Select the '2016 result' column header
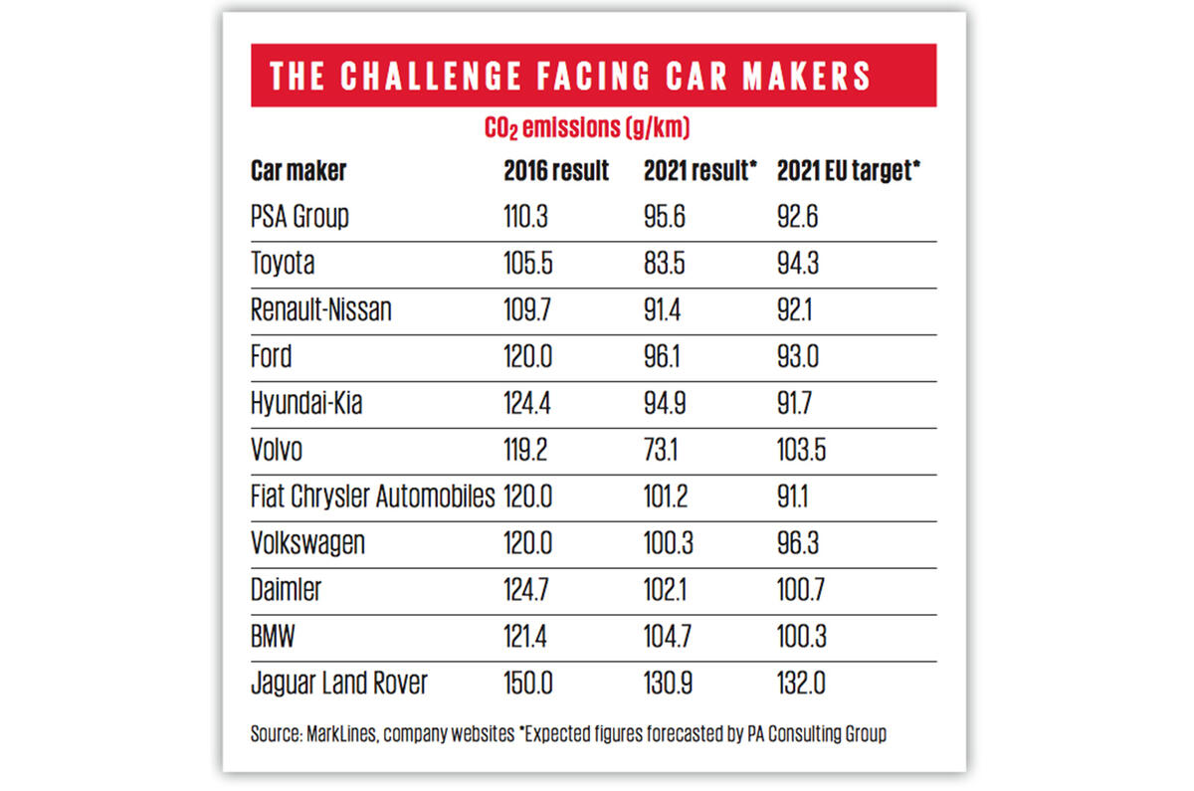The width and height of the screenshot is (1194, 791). pyautogui.click(x=556, y=170)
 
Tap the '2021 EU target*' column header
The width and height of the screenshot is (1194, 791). pyautogui.click(x=848, y=170)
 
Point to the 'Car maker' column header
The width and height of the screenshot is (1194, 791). pyautogui.click(x=298, y=170)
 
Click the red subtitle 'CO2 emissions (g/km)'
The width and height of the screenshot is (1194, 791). pyautogui.click(x=587, y=128)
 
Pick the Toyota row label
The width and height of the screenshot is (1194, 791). pyautogui.click(x=284, y=263)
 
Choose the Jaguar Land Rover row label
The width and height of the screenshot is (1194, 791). pyautogui.click(x=339, y=684)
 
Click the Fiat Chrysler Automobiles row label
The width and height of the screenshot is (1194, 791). pyautogui.click(x=372, y=496)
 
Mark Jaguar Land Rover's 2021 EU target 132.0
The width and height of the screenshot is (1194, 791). pyautogui.click(x=801, y=684)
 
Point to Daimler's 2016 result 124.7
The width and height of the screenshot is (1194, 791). pyautogui.click(x=527, y=590)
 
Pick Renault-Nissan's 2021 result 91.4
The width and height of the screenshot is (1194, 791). pyautogui.click(x=665, y=309)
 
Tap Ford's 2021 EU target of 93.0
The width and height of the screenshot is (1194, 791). pyautogui.click(x=798, y=356)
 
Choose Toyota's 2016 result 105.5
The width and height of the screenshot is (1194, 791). pyautogui.click(x=528, y=263)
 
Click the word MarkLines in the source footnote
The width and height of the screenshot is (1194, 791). pyautogui.click(x=333, y=735)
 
